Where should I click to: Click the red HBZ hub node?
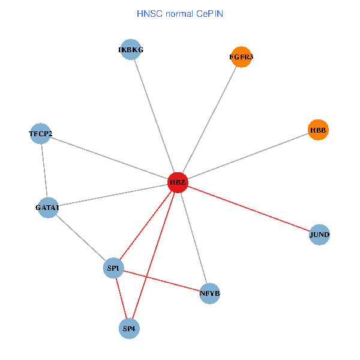point(178,182)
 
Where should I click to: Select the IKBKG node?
point(131,50)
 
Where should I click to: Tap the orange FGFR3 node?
point(241,57)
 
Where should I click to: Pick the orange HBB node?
point(319,130)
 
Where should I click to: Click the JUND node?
point(320,234)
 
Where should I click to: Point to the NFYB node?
point(209,293)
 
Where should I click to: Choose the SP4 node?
point(130,328)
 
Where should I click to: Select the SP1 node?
point(113,268)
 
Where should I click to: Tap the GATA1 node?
point(48,208)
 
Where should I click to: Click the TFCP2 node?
point(41,133)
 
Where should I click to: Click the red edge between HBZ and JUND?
point(248,208)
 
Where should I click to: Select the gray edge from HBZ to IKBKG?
point(154,116)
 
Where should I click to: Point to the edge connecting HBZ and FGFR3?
point(209,119)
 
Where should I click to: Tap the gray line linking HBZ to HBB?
point(248,156)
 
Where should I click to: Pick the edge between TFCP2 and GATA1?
point(44,170)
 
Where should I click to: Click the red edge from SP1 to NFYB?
point(161,281)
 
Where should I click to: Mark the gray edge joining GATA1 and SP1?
point(80,238)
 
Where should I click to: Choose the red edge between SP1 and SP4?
point(121,298)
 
